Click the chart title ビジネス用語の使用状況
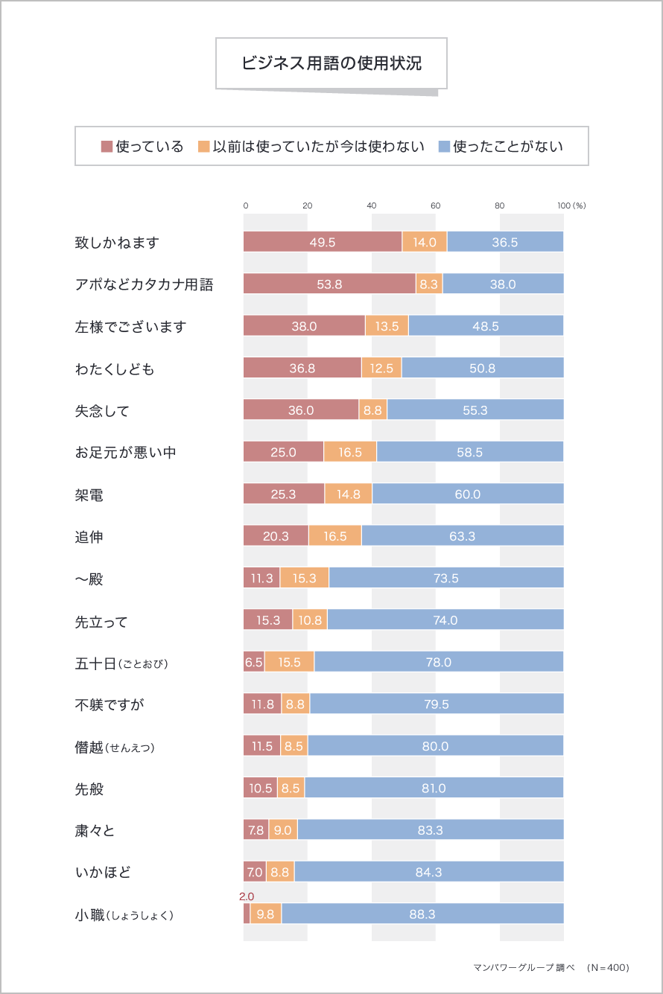331,63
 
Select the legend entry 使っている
142,146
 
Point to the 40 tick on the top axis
372,206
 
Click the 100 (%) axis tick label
571,206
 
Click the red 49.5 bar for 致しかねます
323,242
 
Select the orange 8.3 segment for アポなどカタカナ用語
429,284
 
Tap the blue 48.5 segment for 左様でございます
486,326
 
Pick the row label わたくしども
115,369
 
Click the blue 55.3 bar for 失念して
475,410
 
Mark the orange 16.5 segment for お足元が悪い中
350,452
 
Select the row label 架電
89,494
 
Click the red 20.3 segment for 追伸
276,536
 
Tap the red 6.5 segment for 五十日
254,662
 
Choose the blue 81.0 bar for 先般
434,788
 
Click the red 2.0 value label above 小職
247,896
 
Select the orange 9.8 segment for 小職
266,914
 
